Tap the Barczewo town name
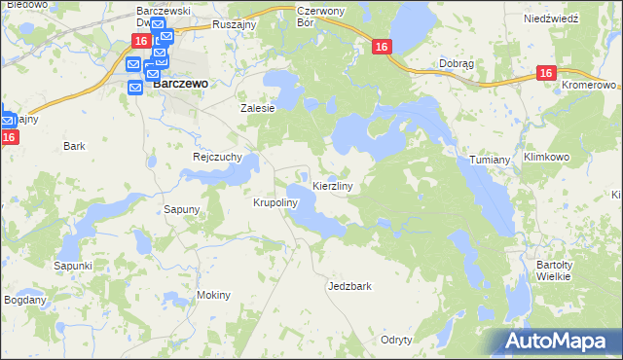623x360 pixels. tap(181, 84)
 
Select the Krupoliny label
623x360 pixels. tap(274, 203)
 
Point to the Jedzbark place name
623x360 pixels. tap(350, 287)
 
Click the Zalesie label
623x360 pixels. tap(258, 109)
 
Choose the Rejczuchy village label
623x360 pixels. tap(217, 156)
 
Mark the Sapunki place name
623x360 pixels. tap(73, 266)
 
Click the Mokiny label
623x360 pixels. tap(213, 295)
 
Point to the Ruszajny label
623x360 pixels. tap(233, 17)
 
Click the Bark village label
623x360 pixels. tap(74, 146)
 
